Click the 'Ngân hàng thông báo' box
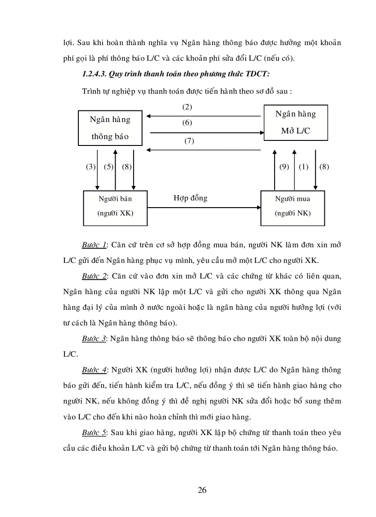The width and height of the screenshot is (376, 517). (110, 128)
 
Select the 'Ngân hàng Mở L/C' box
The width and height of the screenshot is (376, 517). (295, 122)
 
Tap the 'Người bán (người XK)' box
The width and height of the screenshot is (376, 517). (115, 208)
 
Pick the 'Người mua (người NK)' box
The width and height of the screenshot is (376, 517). (293, 208)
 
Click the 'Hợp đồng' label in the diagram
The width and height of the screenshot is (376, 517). (190, 198)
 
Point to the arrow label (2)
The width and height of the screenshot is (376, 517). (187, 107)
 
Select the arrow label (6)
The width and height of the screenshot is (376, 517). (187, 122)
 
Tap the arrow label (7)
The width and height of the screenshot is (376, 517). (189, 141)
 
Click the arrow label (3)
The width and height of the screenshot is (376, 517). (90, 167)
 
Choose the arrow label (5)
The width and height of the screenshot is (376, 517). (108, 167)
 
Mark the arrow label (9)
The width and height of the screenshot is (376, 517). (284, 167)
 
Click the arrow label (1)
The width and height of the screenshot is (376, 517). (303, 167)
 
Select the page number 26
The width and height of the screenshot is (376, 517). (202, 490)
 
